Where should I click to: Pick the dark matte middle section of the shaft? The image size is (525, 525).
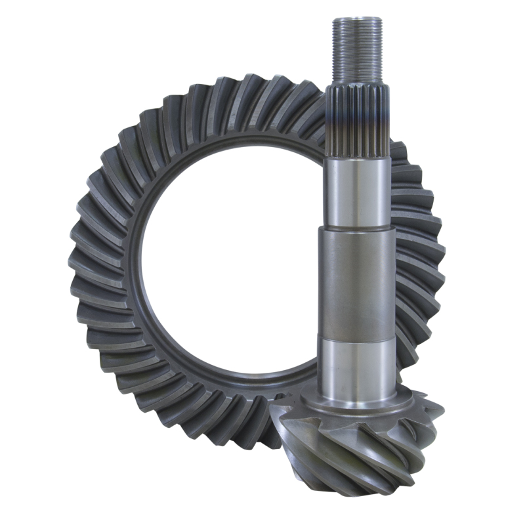point(357,282)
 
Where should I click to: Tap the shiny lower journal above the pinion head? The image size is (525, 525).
point(357,367)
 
